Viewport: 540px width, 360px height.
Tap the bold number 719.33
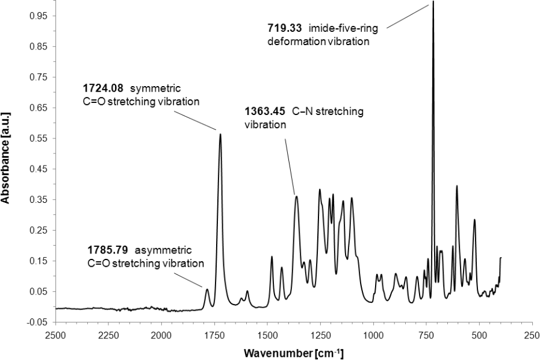click(x=284, y=28)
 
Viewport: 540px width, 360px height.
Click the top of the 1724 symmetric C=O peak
click(x=220, y=134)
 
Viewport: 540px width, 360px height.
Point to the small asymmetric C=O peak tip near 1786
click(x=207, y=290)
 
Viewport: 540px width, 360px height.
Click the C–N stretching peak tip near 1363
click(x=296, y=196)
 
